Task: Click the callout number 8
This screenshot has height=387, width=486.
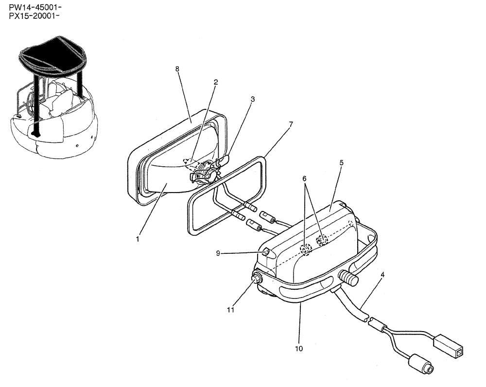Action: click(x=177, y=70)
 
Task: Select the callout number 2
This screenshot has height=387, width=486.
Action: click(x=215, y=83)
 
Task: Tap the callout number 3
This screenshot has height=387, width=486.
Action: click(x=253, y=99)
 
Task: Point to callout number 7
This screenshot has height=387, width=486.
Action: click(x=290, y=124)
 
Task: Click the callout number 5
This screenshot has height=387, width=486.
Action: click(x=342, y=163)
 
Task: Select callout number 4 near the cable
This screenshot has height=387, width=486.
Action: click(x=382, y=275)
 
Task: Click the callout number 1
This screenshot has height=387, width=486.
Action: click(x=138, y=239)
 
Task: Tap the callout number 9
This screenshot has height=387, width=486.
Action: click(x=219, y=253)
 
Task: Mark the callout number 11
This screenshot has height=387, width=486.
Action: click(x=232, y=309)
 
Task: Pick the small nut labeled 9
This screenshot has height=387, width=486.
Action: click(x=266, y=252)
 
